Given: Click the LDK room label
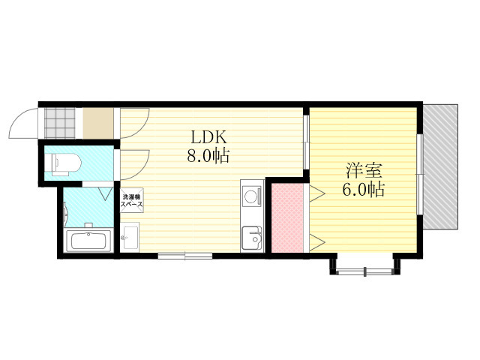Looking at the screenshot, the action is click(x=208, y=137).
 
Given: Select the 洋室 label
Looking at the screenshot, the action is click(x=364, y=171).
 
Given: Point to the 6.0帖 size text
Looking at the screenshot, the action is click(x=363, y=190).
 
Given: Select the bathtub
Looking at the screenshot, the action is click(x=89, y=240).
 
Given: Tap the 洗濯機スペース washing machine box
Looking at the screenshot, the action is click(x=132, y=199).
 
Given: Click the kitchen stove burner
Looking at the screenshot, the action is click(x=252, y=196).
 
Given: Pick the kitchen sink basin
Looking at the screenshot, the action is click(x=252, y=238).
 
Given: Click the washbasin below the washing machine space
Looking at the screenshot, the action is click(x=130, y=237).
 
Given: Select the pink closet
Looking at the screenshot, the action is click(x=287, y=217).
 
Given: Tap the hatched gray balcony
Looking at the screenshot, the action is click(x=441, y=166).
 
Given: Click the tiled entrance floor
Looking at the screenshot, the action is click(x=60, y=123).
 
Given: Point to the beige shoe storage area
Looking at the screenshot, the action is click(x=98, y=123).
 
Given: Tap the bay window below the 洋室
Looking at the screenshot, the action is click(x=364, y=271).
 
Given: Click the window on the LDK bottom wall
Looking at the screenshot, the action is click(x=185, y=256).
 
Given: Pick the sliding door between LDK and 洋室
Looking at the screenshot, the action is click(x=307, y=142).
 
